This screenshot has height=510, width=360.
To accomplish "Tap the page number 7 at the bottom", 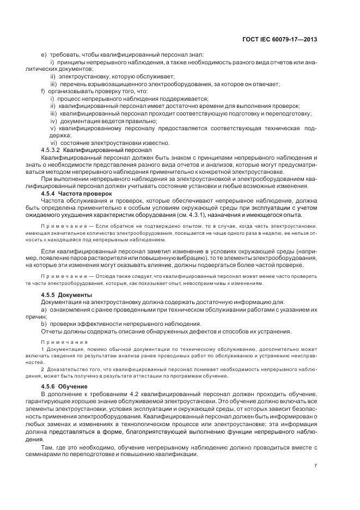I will click(x=315, y=465).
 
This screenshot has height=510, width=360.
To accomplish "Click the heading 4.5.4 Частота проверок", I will click(x=71, y=193).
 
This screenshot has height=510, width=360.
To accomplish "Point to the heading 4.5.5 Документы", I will click(x=63, y=294).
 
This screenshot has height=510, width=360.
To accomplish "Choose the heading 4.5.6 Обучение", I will click(x=62, y=386).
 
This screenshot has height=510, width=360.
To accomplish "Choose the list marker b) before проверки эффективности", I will click(x=44, y=324).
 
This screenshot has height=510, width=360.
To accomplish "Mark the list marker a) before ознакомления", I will click(x=44, y=309).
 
